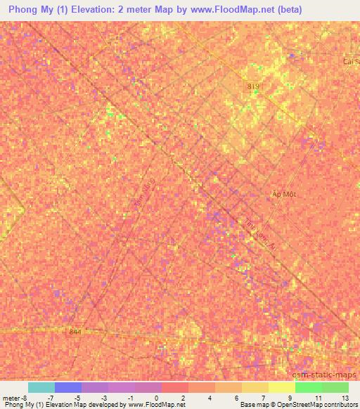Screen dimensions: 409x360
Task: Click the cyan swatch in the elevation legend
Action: tap(41, 387)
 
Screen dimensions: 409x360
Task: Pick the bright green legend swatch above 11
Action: tap(309, 387)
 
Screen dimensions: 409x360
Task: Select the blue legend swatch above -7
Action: tap(68, 387)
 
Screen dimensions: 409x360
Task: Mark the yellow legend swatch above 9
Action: tap(282, 387)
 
